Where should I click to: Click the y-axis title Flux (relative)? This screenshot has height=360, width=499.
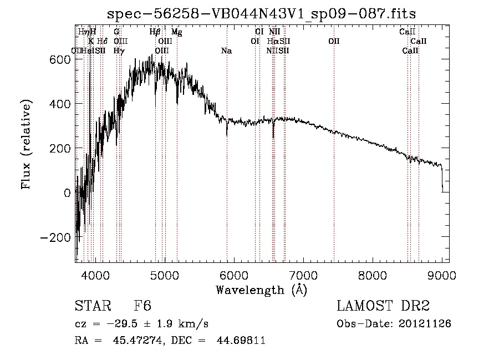[26, 143]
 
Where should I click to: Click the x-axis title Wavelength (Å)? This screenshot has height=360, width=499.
[261, 290]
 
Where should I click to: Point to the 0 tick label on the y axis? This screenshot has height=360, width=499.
[67, 192]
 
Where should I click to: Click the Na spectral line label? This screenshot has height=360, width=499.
[226, 51]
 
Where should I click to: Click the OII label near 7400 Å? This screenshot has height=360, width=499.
[334, 42]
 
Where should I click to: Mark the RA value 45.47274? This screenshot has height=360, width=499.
[133, 341]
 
